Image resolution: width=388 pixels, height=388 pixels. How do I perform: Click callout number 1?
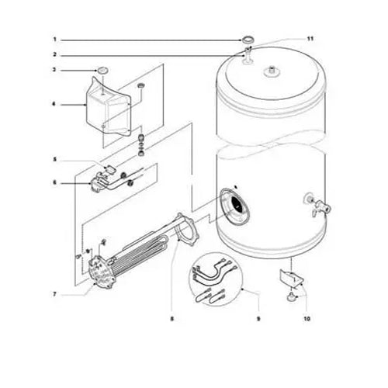click(55, 38)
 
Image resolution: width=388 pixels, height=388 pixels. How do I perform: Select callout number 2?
click(55, 54)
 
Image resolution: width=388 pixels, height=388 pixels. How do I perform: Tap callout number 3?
click(55, 71)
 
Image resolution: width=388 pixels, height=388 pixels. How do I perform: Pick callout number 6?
click(55, 182)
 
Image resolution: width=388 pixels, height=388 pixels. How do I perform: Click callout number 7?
click(55, 294)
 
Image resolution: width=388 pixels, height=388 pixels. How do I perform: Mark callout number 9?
click(257, 318)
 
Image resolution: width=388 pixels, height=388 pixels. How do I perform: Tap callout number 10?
click(306, 318)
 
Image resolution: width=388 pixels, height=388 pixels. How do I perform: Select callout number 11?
click(310, 38)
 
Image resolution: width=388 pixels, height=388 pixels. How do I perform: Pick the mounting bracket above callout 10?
click(291, 277)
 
